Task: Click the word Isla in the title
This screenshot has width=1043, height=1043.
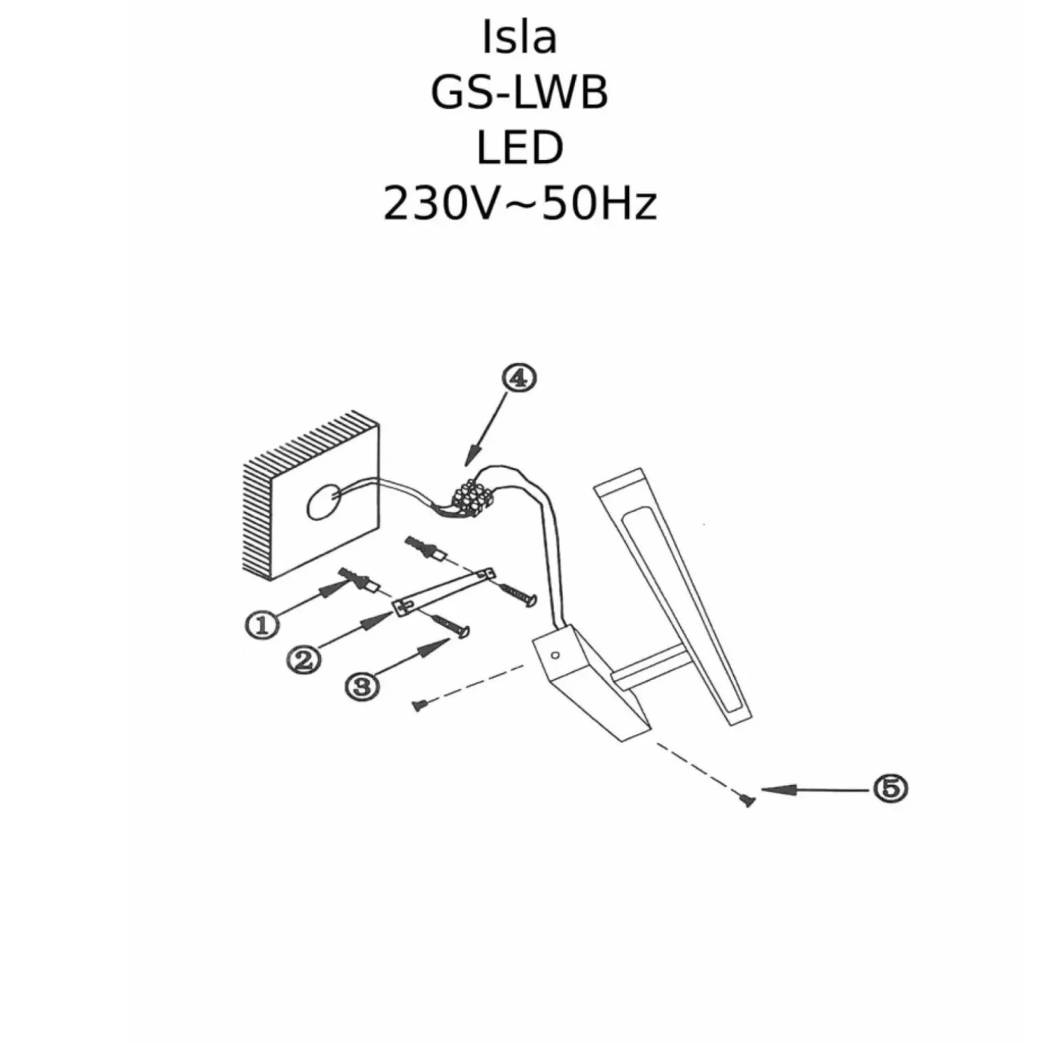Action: click(x=519, y=39)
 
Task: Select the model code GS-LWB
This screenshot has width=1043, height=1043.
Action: click(x=519, y=93)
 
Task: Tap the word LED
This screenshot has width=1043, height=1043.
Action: click(x=519, y=148)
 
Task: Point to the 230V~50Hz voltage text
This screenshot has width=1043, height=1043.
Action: click(x=519, y=204)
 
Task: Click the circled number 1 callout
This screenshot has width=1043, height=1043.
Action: click(x=261, y=624)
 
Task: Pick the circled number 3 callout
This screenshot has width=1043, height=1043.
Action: click(x=362, y=686)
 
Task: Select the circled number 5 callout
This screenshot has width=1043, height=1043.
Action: click(x=890, y=788)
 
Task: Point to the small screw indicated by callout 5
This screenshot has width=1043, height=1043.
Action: click(x=747, y=801)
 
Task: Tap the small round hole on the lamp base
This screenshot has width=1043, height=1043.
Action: click(x=555, y=656)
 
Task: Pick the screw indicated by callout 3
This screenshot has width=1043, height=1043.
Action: click(x=450, y=626)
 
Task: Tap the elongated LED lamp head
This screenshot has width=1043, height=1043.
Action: click(x=670, y=596)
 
